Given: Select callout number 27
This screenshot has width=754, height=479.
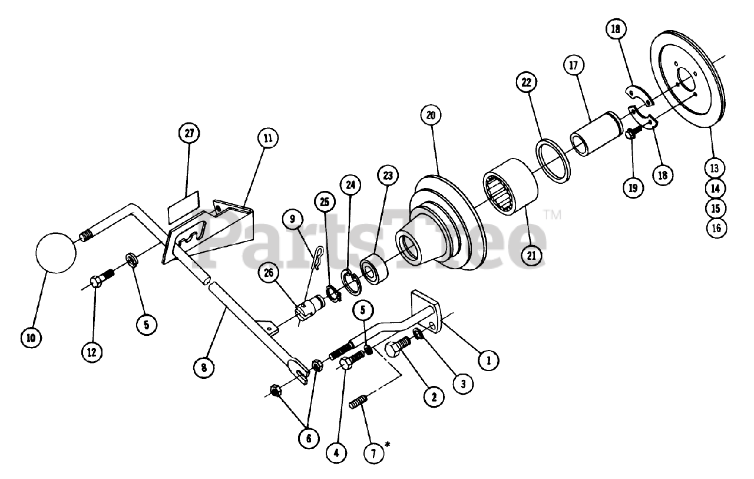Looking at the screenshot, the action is pos(189,133).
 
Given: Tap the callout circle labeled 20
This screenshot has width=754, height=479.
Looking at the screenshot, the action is pos(431,115).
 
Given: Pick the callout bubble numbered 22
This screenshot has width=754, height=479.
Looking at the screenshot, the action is pos(526,82).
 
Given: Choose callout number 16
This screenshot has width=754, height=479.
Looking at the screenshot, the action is pos(716,228).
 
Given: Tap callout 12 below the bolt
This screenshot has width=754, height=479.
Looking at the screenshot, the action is pos(92,352).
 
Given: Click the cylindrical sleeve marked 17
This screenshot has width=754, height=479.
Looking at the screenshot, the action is pos(594,138).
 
